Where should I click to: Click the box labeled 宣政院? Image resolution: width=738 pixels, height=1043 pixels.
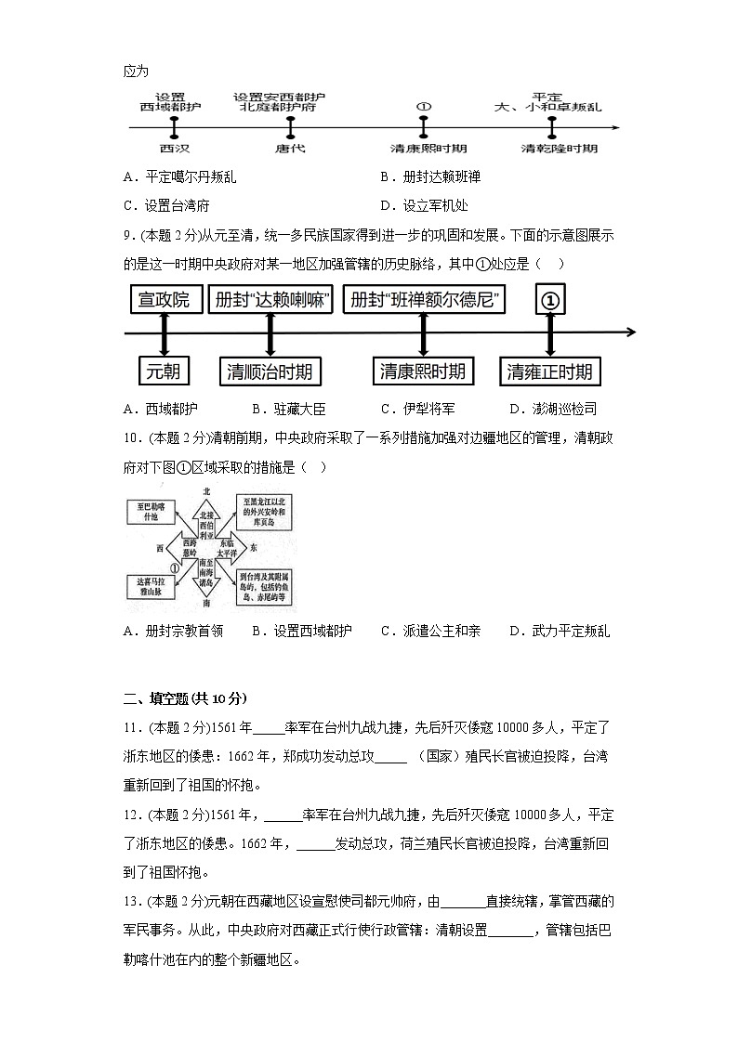pos(164,300)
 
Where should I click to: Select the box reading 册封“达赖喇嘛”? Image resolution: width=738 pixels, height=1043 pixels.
pos(270,300)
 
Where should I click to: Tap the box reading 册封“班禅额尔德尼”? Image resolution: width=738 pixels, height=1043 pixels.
pos(424,300)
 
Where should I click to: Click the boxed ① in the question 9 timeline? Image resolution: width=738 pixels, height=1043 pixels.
pos(550,301)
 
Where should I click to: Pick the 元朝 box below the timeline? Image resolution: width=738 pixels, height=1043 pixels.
pos(163,372)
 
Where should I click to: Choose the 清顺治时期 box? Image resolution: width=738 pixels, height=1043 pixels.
pos(270,372)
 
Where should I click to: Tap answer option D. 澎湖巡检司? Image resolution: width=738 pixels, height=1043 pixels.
pos(553,409)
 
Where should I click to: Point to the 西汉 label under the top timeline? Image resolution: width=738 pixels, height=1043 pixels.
pos(172,149)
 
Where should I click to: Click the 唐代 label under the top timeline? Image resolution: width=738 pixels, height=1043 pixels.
pos(290,149)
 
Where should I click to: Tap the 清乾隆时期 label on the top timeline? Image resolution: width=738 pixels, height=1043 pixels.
pos(560,149)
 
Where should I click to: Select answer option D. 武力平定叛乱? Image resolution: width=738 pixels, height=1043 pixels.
pos(560,631)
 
